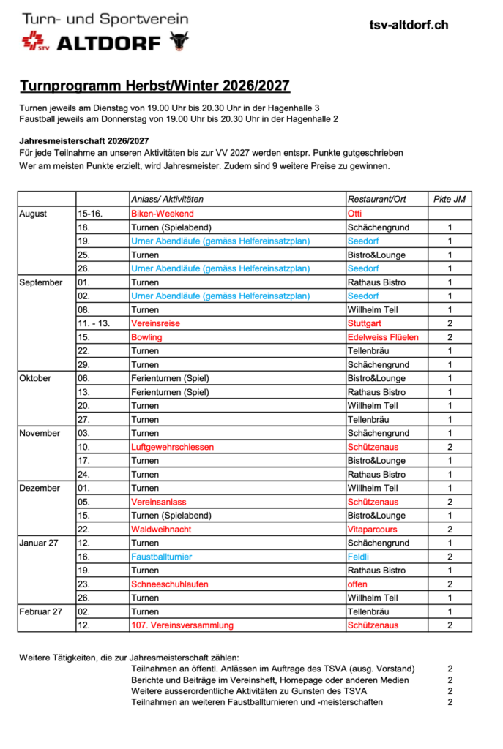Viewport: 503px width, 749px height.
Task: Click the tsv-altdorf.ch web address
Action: (409, 26)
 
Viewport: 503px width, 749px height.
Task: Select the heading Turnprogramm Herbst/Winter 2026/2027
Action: (154, 86)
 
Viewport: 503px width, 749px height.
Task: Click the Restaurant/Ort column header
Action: (376, 200)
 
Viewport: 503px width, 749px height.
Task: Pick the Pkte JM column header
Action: (449, 200)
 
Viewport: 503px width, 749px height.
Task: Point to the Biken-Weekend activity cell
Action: (162, 214)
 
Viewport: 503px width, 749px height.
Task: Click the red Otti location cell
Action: (355, 214)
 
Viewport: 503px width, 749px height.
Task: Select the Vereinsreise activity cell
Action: (155, 323)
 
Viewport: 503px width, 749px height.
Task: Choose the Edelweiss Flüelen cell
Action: (383, 337)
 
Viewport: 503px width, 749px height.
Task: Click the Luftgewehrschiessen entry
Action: (172, 447)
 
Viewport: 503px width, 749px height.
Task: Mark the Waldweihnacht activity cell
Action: (161, 529)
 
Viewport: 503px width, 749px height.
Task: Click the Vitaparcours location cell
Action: (373, 529)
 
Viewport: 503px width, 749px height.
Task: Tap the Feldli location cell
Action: (359, 557)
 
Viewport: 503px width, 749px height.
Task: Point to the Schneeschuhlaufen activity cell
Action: (169, 584)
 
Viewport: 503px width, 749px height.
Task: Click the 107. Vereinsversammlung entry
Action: (182, 625)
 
